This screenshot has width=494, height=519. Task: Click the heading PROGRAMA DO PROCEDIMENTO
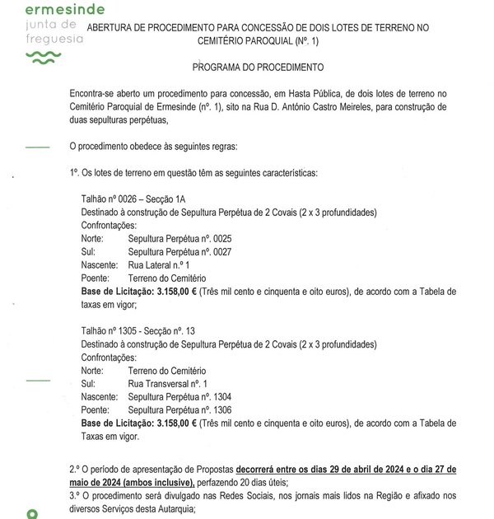pyautogui.click(x=257, y=66)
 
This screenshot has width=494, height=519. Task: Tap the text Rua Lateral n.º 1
pyautogui.click(x=159, y=266)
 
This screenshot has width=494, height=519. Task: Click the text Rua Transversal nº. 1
pyautogui.click(x=168, y=383)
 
